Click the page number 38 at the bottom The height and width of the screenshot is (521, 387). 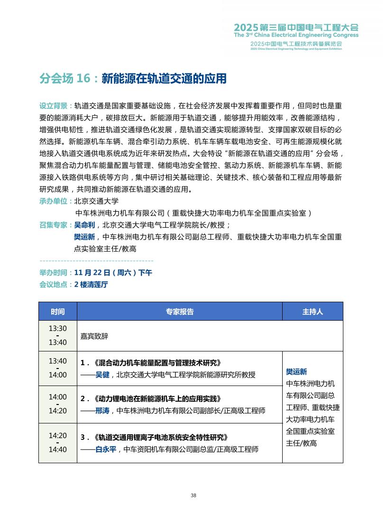point(193,495)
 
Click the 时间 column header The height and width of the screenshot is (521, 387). point(58,312)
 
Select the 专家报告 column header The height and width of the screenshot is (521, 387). point(180,312)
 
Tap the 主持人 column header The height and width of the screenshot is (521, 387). point(313,312)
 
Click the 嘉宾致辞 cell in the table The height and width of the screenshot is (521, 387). point(94,336)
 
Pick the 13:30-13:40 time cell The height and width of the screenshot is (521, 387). point(58,335)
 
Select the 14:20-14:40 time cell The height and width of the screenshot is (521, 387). point(58,442)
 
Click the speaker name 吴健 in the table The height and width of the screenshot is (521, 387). point(102,375)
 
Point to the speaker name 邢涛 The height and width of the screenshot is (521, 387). point(102,411)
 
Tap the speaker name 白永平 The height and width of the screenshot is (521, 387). point(106,449)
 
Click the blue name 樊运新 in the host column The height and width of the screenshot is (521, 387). point(296,372)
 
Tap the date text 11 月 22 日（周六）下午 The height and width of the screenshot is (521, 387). point(113,273)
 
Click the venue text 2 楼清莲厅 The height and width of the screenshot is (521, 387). point(91,285)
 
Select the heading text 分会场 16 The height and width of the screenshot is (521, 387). point(64,79)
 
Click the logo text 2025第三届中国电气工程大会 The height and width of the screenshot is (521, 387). point(296,27)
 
